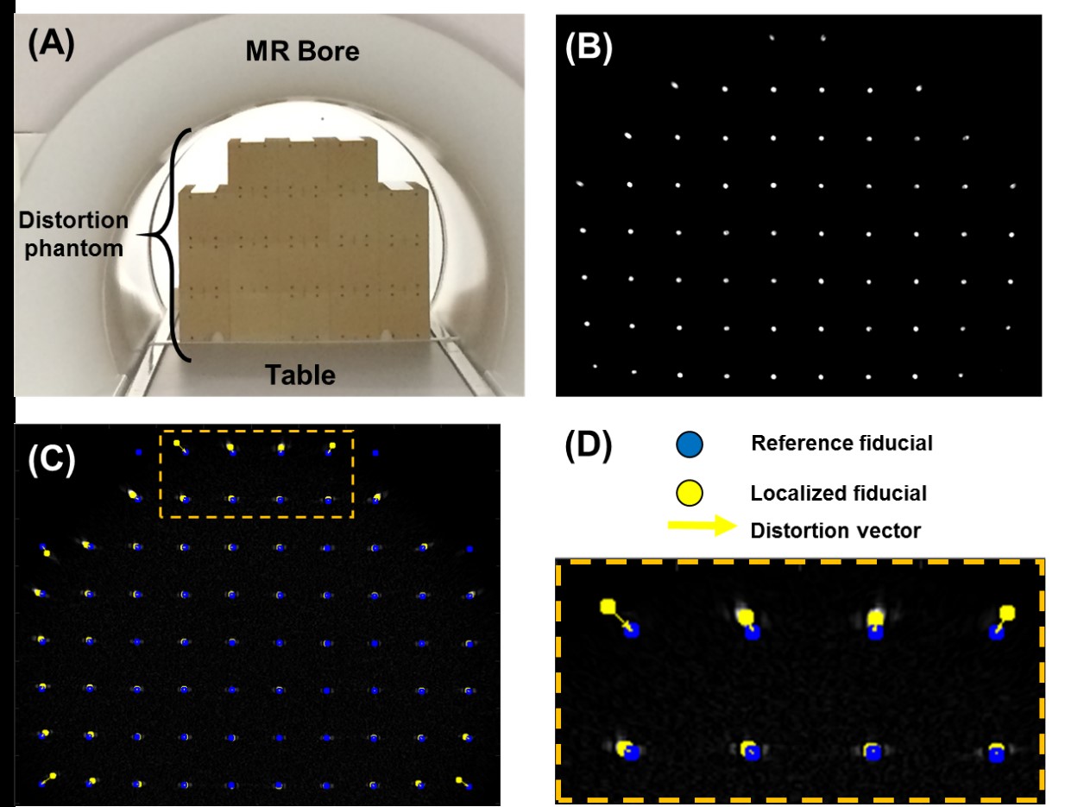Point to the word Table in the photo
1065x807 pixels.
point(300,375)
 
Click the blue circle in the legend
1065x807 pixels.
point(691,444)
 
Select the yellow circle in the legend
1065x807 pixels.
point(691,494)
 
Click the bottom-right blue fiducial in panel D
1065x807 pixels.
point(997,754)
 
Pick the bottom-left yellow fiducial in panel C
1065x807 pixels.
point(53,776)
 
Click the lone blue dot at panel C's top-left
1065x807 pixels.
point(137,451)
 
